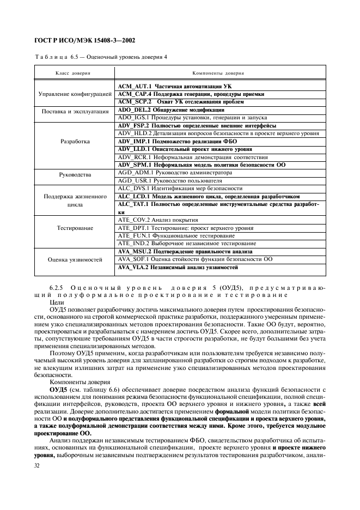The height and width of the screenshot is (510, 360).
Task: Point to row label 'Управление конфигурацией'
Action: tap(75, 94)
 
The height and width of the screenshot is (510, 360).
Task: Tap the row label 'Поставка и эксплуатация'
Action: tap(75, 113)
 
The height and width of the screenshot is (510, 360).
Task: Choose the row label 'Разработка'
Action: tap(75, 141)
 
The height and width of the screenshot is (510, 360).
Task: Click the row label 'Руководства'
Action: tap(75, 175)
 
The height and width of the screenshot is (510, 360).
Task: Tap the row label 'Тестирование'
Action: tap(75, 228)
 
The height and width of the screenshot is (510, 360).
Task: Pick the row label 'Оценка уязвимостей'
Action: tap(75, 260)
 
